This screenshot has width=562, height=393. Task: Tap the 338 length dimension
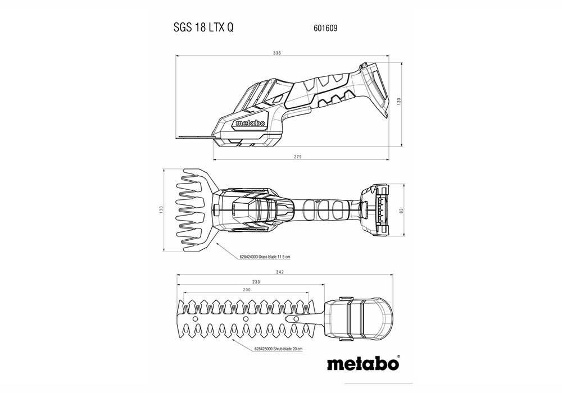coord(277,53)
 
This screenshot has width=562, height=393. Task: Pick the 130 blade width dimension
coord(161,210)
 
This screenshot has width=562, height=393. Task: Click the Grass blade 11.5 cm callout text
coord(264,256)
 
